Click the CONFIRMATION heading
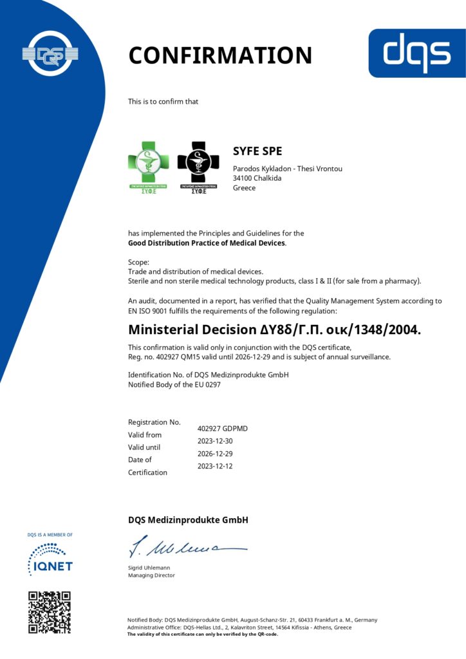tap(220, 55)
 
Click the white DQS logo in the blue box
tap(416, 53)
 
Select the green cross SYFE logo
tap(151, 166)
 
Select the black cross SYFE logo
tap(198, 166)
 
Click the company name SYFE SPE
tap(257, 152)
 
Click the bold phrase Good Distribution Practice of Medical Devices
tap(207, 243)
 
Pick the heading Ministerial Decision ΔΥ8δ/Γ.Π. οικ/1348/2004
tap(275, 330)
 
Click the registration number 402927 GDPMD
tap(222, 428)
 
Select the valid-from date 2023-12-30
tap(215, 441)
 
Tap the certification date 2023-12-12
tap(215, 465)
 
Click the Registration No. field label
tap(154, 422)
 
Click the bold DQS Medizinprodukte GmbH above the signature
tap(188, 520)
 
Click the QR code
tap(50, 612)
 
